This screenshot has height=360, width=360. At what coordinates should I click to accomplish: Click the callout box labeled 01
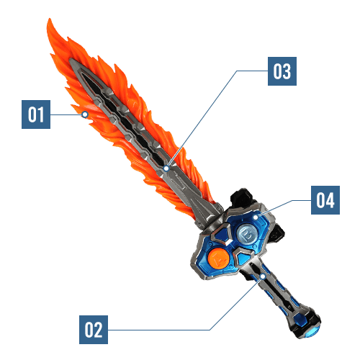click(x=36, y=114)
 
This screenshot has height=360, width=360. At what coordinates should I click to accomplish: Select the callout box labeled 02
click(x=94, y=330)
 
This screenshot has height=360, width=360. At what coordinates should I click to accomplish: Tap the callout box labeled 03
click(x=282, y=71)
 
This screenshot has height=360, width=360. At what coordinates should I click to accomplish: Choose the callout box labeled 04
click(x=325, y=200)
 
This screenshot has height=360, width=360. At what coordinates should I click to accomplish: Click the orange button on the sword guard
click(x=218, y=258)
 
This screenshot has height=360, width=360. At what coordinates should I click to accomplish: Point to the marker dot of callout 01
click(x=85, y=114)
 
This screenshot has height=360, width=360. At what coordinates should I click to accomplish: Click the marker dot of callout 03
click(x=166, y=168)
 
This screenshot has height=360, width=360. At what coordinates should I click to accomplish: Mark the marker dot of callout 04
click(x=256, y=217)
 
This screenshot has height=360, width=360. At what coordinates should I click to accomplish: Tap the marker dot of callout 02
click(x=263, y=276)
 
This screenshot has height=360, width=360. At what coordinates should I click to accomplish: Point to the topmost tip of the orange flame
click(x=49, y=19)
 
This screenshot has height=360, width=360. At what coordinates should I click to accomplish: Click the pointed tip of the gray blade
click(x=70, y=59)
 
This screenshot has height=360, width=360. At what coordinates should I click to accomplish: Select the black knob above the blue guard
click(x=241, y=197)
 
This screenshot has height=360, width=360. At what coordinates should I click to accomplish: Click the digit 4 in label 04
click(x=330, y=200)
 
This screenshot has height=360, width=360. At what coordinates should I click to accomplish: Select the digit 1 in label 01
click(x=41, y=114)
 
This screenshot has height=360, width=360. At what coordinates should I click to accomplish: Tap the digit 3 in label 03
click(x=287, y=71)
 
